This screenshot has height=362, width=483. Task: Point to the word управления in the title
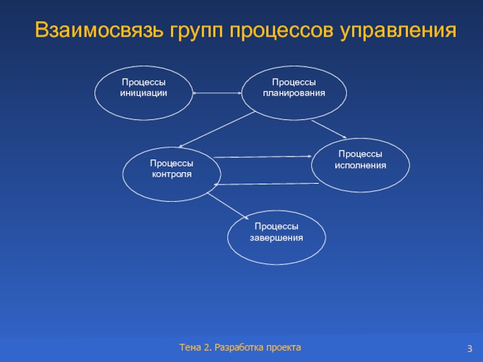click(398, 31)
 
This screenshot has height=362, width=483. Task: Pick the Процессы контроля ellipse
click(171, 174)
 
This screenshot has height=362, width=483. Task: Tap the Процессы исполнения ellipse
click(360, 165)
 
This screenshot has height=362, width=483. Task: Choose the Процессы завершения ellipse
click(277, 237)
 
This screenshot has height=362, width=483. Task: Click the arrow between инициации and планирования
click(217, 93)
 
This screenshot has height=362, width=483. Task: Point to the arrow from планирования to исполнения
click(329, 129)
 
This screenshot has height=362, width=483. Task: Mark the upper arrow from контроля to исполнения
click(263, 157)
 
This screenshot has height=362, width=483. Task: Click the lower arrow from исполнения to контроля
click(266, 184)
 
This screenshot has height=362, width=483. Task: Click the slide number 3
click(469, 349)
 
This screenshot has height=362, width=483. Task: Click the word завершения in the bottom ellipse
click(277, 238)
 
